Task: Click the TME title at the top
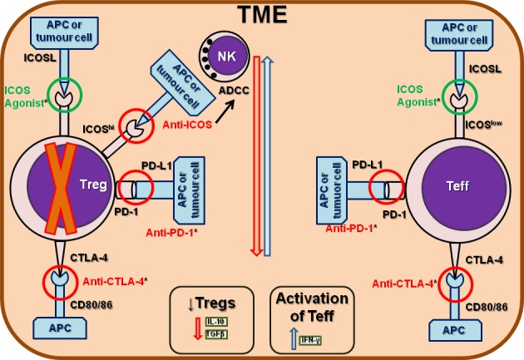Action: pyautogui.click(x=260, y=14)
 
